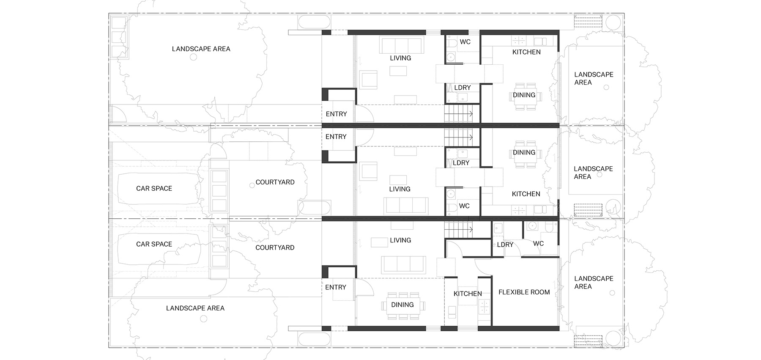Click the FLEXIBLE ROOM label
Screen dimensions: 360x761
tap(524, 292)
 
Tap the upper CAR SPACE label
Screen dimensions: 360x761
tap(154, 188)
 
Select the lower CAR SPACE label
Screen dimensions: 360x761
tap(154, 244)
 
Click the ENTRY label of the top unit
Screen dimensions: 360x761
tap(336, 114)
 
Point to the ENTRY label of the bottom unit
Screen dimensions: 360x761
tap(336, 287)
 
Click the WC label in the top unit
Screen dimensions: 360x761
tap(465, 42)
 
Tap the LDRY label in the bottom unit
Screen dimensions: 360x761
tap(505, 245)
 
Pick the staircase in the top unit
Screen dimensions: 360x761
tap(458, 114)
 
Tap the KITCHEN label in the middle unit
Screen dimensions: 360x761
tap(526, 194)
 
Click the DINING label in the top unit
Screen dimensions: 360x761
tap(524, 95)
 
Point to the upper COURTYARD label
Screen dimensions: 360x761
tap(275, 182)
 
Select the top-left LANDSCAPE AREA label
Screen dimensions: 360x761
tap(201, 49)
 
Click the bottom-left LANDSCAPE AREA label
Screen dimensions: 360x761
tap(195, 308)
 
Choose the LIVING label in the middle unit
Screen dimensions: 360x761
tap(400, 189)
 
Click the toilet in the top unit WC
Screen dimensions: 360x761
tap(452, 43)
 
